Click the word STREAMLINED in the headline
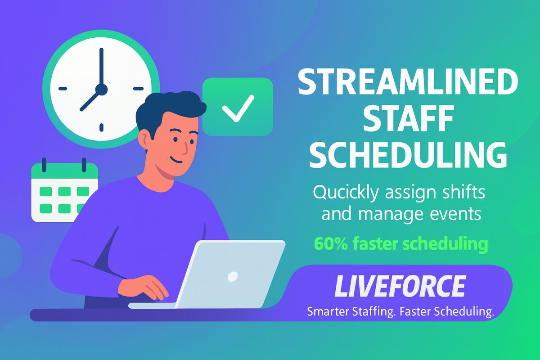[408, 82]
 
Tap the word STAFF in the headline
[408, 119]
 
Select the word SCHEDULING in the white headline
[408, 156]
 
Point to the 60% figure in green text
[331, 244]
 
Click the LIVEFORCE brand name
[400, 286]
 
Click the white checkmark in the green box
[238, 108]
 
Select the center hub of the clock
[101, 90]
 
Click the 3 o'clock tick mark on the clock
[139, 89]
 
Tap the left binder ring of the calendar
[44, 165]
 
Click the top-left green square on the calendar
[45, 192]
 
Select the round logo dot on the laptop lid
[233, 276]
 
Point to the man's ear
[144, 140]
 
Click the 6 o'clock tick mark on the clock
[102, 127]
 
